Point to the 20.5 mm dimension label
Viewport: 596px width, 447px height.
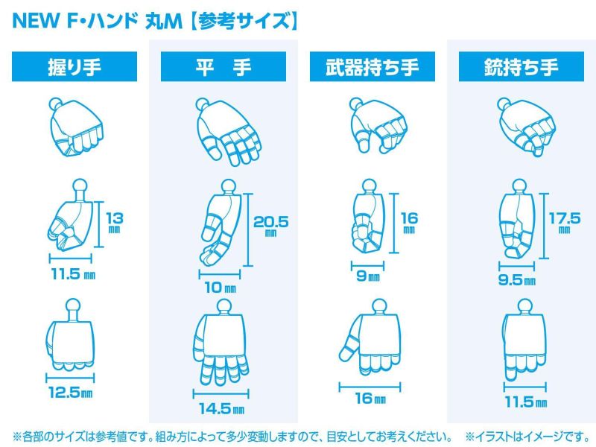(x=270, y=223)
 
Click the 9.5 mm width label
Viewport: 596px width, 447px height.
(x=516, y=282)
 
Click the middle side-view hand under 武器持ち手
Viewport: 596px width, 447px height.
(x=367, y=220)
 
